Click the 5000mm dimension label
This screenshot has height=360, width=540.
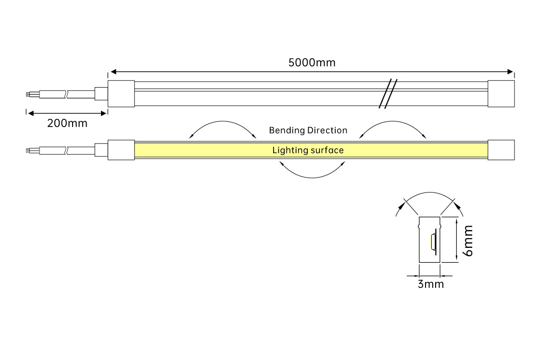[x=312, y=63]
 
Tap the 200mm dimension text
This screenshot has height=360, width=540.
[x=67, y=123]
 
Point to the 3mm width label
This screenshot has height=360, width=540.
[x=430, y=284]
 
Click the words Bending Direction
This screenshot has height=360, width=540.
[x=308, y=130]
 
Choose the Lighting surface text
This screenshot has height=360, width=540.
[x=308, y=150]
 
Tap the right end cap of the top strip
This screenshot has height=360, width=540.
[x=501, y=93]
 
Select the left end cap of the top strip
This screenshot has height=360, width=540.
[x=121, y=93]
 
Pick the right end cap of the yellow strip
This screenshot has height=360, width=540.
[x=501, y=150]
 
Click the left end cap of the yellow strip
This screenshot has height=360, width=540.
[x=121, y=150]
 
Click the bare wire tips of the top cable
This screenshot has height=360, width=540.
[x=29, y=93]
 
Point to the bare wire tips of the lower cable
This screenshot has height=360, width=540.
[x=29, y=150]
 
